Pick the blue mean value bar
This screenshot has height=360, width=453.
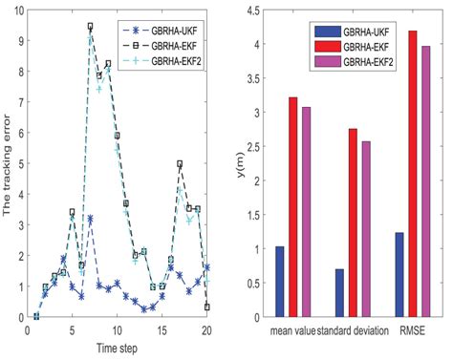[x=280, y=281]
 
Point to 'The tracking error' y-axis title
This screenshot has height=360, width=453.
[x=9, y=162]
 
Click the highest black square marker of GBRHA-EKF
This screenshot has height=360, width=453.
[x=90, y=27]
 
